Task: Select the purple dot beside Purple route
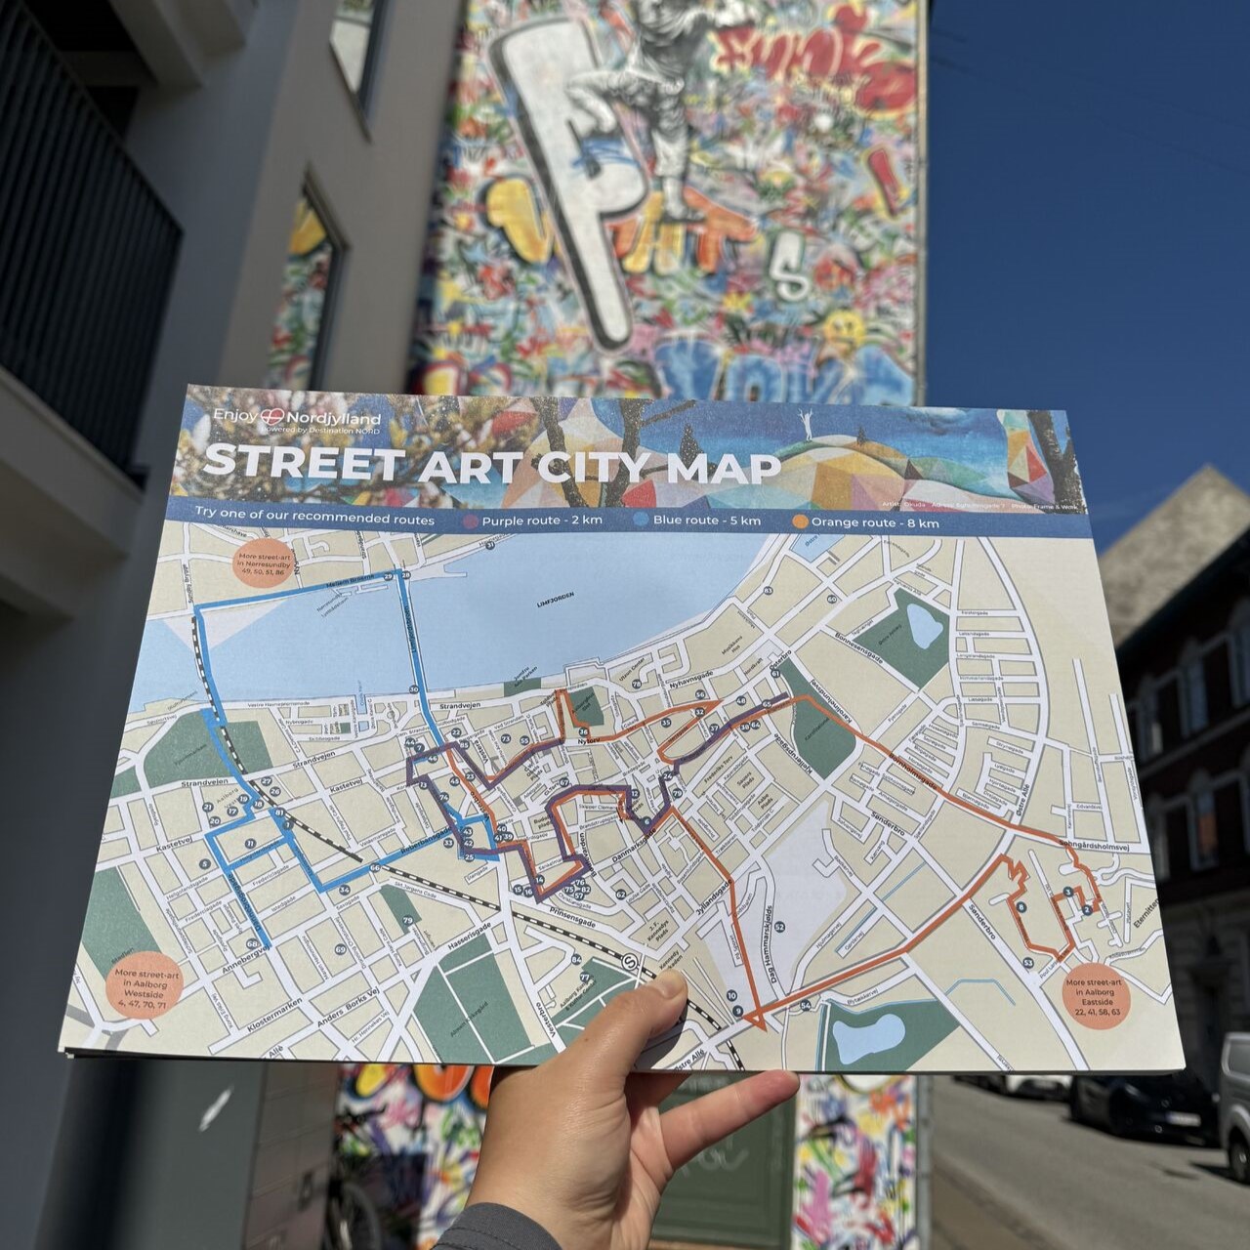(x=471, y=521)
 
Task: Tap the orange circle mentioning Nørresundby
(x=261, y=564)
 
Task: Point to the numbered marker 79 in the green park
(x=407, y=921)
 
